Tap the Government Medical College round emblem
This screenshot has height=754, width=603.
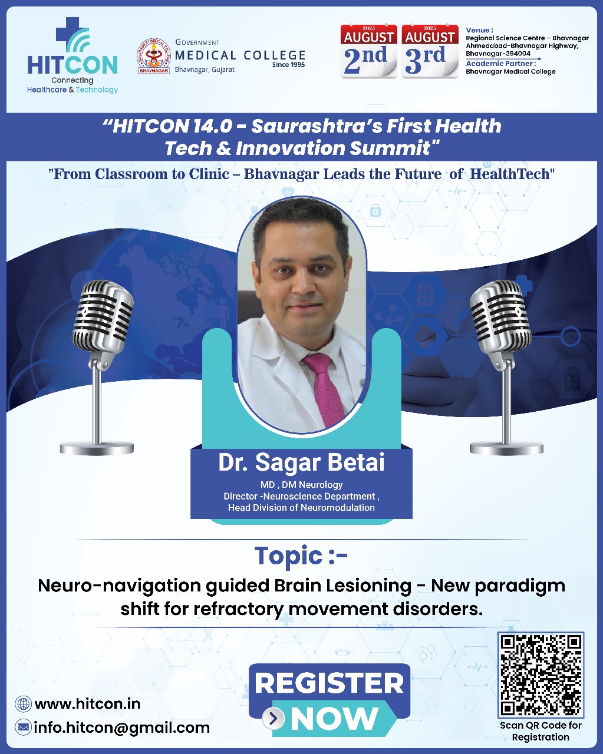[153, 56]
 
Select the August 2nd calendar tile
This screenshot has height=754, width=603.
[369, 52]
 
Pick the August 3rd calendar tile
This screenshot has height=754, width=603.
[430, 52]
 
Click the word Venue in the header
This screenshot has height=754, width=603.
[479, 30]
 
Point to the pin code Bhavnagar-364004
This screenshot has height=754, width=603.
[497, 54]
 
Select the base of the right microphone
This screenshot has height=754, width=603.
[506, 448]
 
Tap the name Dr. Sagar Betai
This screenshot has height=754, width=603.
[301, 463]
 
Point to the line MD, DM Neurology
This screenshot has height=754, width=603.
[301, 485]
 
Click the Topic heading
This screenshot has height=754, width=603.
[301, 555]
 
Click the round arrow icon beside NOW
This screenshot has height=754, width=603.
[273, 719]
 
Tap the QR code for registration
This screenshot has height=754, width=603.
[541, 674]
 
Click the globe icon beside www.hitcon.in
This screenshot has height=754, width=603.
[24, 704]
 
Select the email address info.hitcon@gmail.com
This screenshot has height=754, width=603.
[121, 727]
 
